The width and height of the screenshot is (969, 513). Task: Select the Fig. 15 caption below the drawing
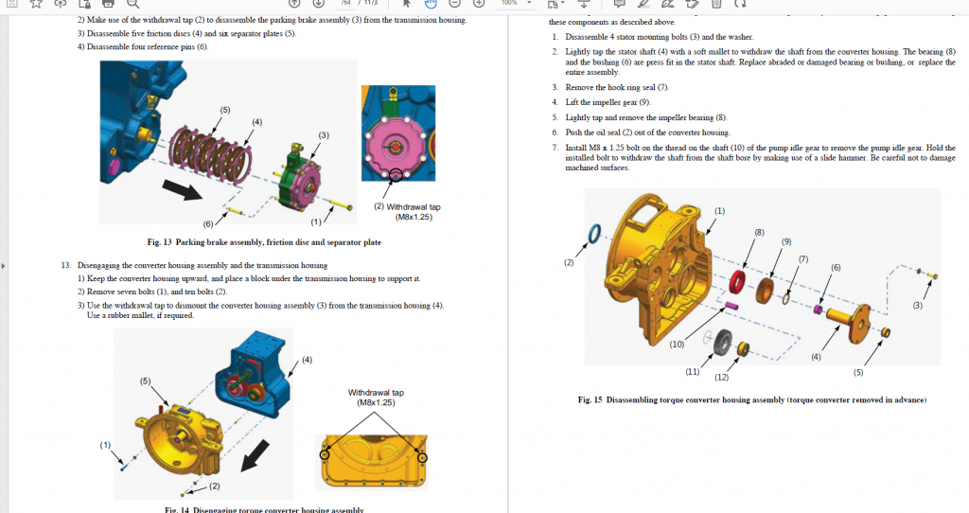[x=752, y=399]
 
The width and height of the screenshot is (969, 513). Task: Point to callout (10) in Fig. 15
[x=677, y=345]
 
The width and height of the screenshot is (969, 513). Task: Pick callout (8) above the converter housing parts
[x=759, y=232]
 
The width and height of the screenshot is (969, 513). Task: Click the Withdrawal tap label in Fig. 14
[x=376, y=397]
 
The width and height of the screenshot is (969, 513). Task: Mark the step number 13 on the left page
[x=65, y=266]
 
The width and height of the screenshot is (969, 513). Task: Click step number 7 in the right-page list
[x=555, y=148]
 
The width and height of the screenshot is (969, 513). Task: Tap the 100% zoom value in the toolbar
[x=509, y=4]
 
